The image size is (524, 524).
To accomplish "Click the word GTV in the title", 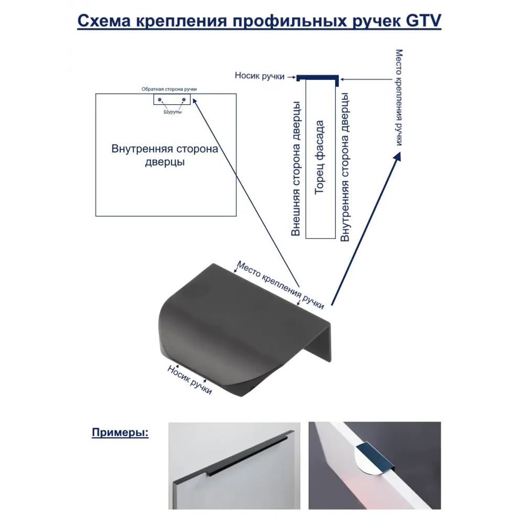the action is [x=423, y=21].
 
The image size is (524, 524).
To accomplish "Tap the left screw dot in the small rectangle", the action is [x=160, y=100].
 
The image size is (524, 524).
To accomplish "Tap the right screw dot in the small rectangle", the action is [x=183, y=100].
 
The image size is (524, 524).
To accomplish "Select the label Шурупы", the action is [x=172, y=112].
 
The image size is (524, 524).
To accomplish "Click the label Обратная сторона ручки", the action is [x=169, y=89].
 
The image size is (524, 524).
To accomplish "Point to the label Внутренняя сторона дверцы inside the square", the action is [x=165, y=155].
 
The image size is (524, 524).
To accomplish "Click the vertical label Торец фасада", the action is [x=320, y=157].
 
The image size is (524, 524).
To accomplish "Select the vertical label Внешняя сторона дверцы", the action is [x=296, y=169].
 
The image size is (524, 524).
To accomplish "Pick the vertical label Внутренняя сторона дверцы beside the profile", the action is [x=345, y=167].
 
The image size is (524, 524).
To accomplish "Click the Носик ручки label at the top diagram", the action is [x=259, y=76].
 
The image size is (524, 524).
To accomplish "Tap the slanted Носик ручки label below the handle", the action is [x=190, y=379].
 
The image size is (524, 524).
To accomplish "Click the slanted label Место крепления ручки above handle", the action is [x=280, y=285].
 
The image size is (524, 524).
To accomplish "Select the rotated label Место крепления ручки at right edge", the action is [x=399, y=97].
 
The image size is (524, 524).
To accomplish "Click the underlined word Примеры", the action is [x=121, y=432].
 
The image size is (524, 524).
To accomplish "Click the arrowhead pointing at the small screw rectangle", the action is [x=195, y=101].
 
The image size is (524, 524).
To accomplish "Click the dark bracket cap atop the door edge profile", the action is [x=318, y=78].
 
